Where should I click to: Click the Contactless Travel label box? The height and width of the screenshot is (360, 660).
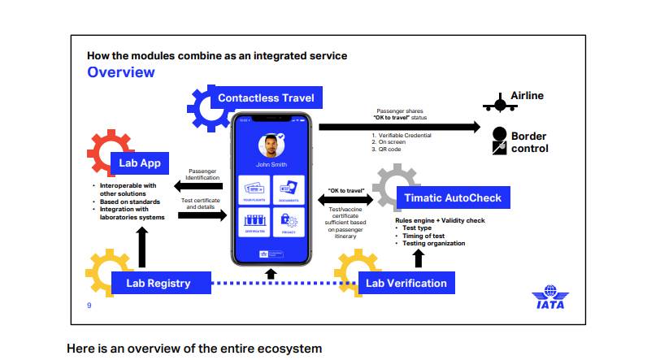[x=265, y=98]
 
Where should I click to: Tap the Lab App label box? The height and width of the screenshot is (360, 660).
[x=140, y=163]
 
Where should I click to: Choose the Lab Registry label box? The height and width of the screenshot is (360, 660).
[x=158, y=283]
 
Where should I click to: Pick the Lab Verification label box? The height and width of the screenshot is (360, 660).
[x=406, y=283]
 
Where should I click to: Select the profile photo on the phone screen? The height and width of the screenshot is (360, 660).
[x=271, y=147]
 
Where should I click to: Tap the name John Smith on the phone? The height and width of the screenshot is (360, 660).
[x=272, y=164]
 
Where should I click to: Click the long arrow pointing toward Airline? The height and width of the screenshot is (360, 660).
[x=399, y=127]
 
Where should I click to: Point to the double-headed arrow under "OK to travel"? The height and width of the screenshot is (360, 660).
[x=350, y=199]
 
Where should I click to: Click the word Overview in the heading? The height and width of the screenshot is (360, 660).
[x=120, y=72]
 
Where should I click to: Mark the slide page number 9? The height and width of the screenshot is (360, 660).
[x=89, y=305]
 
